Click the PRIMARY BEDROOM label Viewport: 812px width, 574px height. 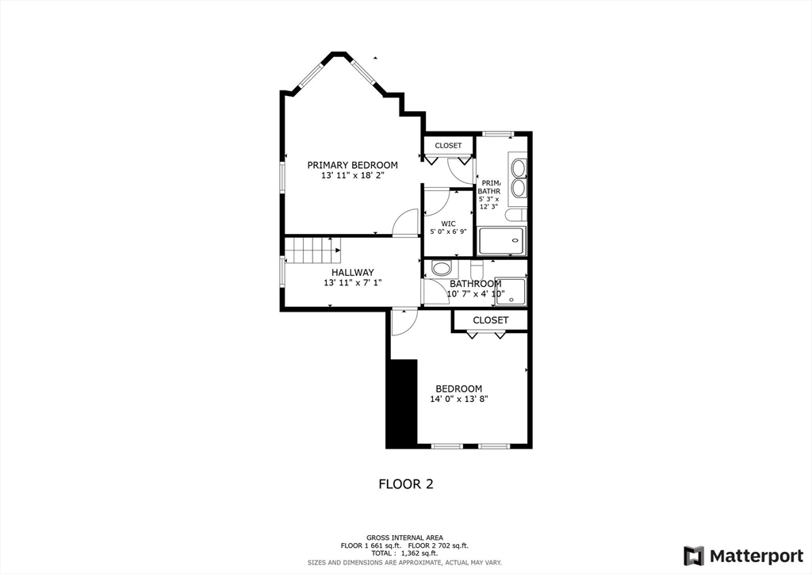(352, 165)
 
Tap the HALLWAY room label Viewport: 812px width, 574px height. (352, 272)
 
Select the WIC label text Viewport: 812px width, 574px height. (448, 223)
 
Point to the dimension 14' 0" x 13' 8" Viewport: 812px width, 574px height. (458, 400)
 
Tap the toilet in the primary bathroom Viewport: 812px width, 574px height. (515, 215)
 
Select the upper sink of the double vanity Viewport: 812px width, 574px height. (518, 168)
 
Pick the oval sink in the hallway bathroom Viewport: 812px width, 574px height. (442, 267)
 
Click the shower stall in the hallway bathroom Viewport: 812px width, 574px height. (512, 291)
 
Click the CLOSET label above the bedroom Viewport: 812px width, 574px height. (490, 320)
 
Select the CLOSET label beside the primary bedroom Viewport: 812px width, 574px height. (448, 146)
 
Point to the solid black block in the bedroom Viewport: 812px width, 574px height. (402, 404)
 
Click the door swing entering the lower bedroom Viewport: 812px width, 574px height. (402, 322)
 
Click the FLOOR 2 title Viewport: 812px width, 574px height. (405, 484)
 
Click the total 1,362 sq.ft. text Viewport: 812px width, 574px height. (405, 553)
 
